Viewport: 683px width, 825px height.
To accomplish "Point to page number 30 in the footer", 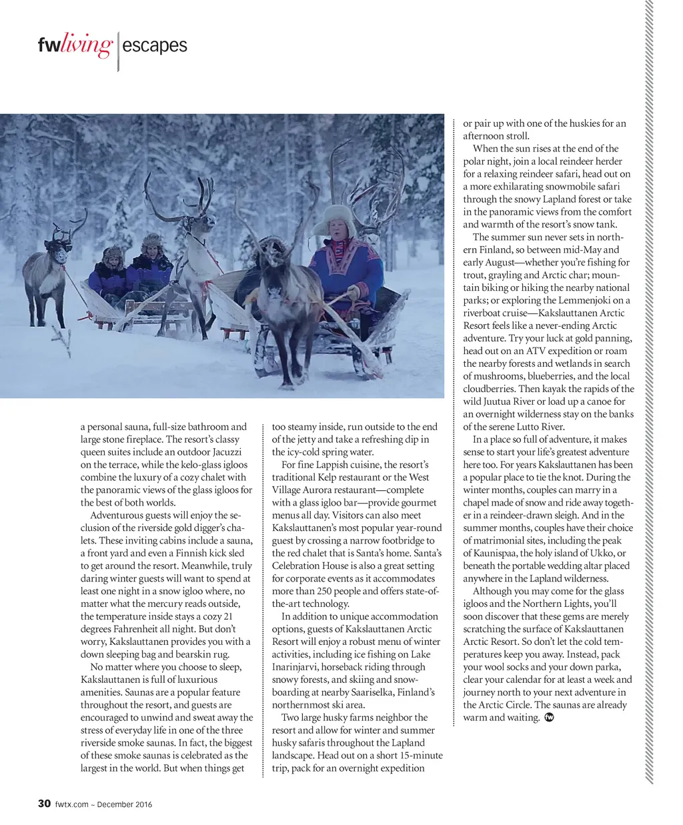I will [x=43, y=804].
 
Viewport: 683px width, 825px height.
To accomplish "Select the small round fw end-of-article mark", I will [x=550, y=718].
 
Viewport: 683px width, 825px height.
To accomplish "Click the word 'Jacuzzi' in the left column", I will [x=231, y=452].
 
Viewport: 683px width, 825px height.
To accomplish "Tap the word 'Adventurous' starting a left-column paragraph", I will [x=117, y=516].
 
